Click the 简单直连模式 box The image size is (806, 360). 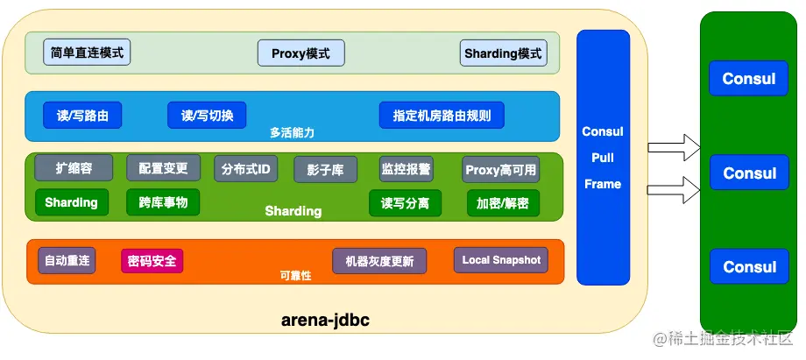pyautogui.click(x=88, y=53)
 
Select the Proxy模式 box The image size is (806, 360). pyautogui.click(x=300, y=53)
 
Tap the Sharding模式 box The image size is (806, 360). pyautogui.click(x=503, y=53)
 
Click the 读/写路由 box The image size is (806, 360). pyautogui.click(x=82, y=115)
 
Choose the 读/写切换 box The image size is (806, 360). pyautogui.click(x=207, y=115)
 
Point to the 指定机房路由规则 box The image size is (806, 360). pyautogui.click(x=442, y=115)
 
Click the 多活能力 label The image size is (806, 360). pyautogui.click(x=292, y=133)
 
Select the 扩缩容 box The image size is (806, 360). pyautogui.click(x=73, y=167)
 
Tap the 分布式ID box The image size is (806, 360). pyautogui.click(x=245, y=168)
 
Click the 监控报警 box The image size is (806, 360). pyautogui.click(x=406, y=168)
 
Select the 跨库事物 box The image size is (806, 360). pyautogui.click(x=163, y=202)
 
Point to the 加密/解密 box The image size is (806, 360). pyautogui.click(x=503, y=203)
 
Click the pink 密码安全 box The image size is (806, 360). pyautogui.click(x=152, y=261)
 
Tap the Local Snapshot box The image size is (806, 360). pyautogui.click(x=501, y=260)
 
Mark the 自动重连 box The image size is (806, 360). pyautogui.click(x=67, y=260)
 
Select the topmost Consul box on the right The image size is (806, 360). pyautogui.click(x=749, y=79)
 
